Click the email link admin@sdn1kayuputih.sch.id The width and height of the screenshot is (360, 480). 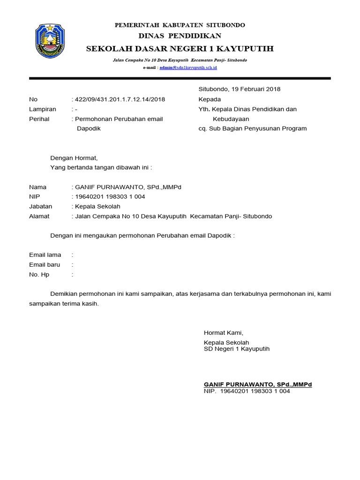[188, 68]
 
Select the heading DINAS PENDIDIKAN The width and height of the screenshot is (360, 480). [180, 36]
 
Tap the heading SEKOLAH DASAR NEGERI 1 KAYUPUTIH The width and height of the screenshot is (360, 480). [180, 49]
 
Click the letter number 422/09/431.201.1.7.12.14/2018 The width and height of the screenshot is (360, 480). [120, 99]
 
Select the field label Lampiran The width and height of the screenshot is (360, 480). [43, 109]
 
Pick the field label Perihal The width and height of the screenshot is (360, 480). [39, 119]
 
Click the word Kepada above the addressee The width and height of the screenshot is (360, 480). [210, 99]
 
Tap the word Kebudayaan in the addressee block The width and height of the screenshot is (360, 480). [231, 119]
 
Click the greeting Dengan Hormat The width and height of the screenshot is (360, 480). [74, 158]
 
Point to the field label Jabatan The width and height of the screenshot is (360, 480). [41, 207]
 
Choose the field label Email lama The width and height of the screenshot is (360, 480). [45, 255]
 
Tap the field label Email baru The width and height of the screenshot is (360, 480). [45, 265]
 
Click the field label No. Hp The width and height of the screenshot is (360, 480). [39, 275]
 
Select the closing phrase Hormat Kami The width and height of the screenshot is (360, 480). [224, 333]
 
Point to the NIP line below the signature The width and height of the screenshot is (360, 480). [247, 391]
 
